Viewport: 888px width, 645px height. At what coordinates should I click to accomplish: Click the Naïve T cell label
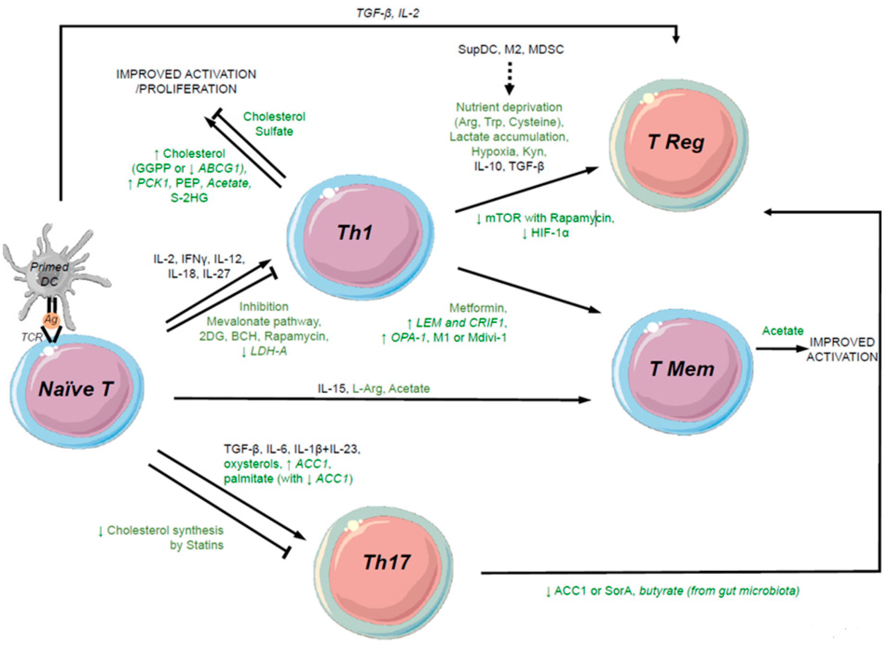pos(76,389)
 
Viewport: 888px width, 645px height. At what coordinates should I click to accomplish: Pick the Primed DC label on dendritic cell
pos(49,274)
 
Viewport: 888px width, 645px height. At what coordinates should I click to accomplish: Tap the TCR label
pos(32,337)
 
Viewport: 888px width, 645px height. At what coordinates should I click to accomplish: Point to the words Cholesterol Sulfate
pos(274,124)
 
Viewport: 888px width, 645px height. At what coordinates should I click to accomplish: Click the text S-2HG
pos(189,198)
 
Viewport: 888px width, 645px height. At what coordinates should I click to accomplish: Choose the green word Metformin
pos(478,308)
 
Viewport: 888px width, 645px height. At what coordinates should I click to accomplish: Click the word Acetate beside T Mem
pos(783,331)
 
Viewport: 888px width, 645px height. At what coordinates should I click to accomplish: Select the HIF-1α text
pos(549,233)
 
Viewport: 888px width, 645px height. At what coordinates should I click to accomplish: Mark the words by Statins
pos(197,545)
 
